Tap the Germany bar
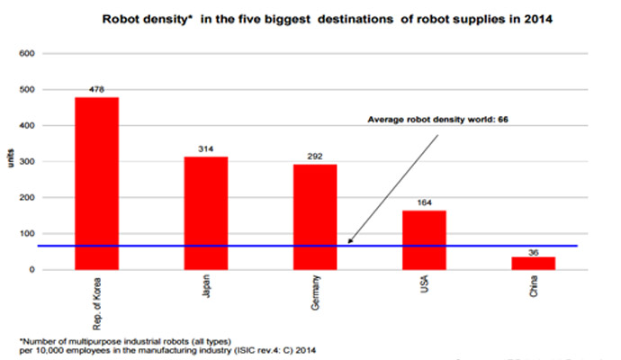(314, 216)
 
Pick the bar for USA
(424, 239)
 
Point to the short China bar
(533, 263)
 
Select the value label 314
(205, 148)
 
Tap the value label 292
(314, 156)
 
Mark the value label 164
(424, 202)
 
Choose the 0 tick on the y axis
(31, 270)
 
